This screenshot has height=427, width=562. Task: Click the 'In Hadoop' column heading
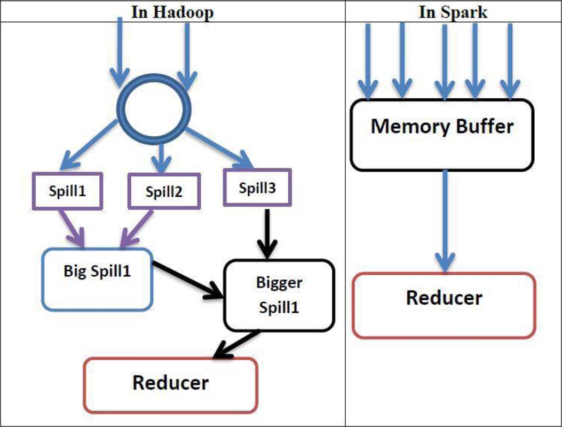click(172, 12)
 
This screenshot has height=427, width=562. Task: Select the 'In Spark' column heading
click(453, 12)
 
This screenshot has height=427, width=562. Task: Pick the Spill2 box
click(164, 191)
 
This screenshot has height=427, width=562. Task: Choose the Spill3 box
click(258, 187)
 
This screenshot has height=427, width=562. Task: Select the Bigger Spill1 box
click(279, 296)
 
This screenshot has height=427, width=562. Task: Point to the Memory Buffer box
click(441, 134)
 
